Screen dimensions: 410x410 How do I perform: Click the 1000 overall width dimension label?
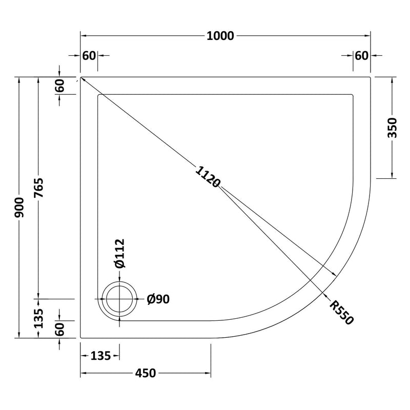(220, 36)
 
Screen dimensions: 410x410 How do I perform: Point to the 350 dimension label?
(393, 128)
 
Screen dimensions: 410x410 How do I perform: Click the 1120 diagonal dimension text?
(208, 177)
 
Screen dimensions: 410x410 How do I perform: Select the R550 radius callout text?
(342, 312)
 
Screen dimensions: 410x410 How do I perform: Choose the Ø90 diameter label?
(157, 300)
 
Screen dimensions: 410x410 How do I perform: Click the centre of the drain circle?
(120, 300)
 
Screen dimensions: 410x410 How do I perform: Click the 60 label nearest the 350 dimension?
(362, 55)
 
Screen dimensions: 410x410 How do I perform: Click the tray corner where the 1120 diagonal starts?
(81, 77)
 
